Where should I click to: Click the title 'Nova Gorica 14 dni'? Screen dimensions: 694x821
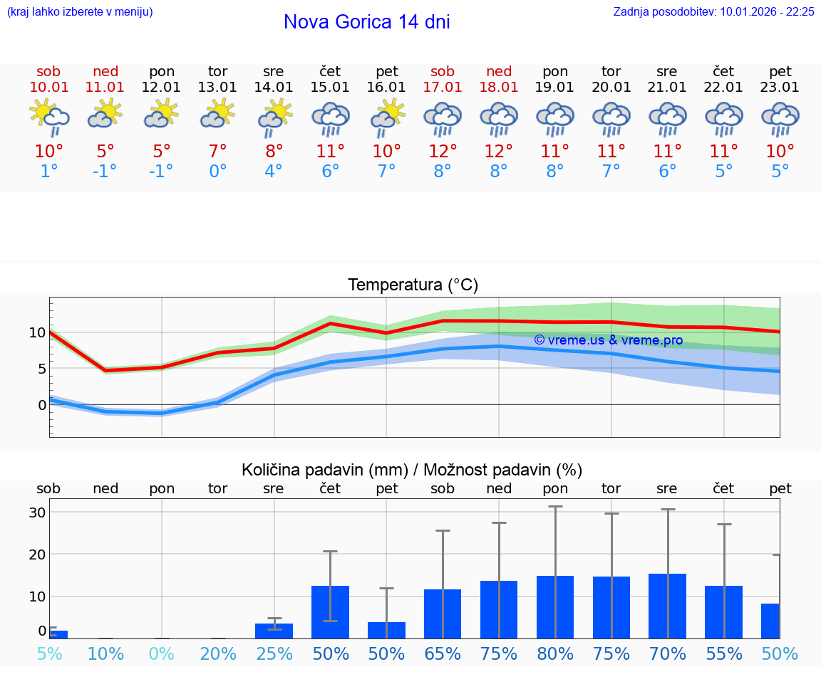click(366, 22)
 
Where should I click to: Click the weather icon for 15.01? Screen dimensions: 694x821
click(330, 119)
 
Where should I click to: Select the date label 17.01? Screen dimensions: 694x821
click(443, 88)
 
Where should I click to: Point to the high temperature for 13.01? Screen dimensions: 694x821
click(217, 151)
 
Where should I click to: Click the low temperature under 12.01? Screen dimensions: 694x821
click(161, 172)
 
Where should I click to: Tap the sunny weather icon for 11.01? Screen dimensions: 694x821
click(105, 114)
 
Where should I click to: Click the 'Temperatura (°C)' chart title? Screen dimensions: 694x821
click(413, 285)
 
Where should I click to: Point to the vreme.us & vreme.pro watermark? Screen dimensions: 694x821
click(608, 340)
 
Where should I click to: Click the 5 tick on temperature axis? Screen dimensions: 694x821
click(41, 369)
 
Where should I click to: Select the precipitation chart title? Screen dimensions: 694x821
click(412, 470)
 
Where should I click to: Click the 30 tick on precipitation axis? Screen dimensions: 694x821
click(37, 512)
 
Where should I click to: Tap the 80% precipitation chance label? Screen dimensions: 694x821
click(555, 654)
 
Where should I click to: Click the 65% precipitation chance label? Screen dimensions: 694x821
click(443, 654)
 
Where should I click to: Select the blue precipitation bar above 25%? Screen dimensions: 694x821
click(274, 631)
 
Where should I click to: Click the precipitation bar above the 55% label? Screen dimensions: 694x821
click(723, 612)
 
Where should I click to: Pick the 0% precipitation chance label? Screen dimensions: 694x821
click(161, 654)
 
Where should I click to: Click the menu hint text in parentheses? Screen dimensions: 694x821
click(79, 11)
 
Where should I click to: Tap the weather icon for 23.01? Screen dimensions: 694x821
click(780, 119)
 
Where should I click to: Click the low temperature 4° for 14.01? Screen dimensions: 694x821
click(274, 172)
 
